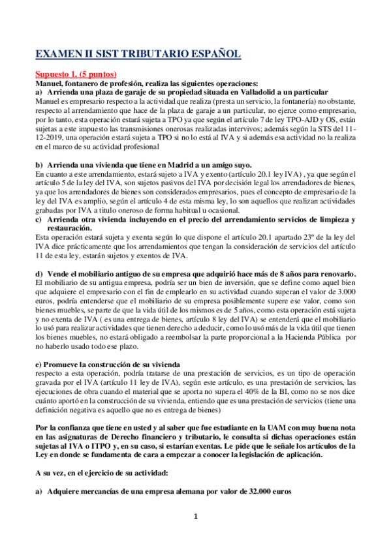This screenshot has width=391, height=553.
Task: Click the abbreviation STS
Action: pyautogui.click(x=318, y=130)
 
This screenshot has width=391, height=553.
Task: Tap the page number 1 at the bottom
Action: pyautogui.click(x=195, y=535)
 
